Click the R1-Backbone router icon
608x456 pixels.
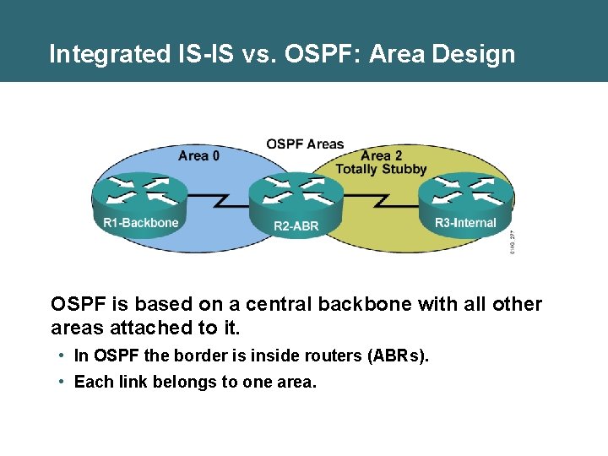140,195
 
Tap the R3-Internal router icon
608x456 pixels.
466,196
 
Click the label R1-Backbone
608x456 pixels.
141,223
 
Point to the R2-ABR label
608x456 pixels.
296,226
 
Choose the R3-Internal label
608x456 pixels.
466,223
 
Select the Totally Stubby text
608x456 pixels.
382,169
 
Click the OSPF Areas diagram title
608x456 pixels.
305,144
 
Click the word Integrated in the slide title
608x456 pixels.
109,55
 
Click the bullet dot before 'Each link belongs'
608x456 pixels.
62,382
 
